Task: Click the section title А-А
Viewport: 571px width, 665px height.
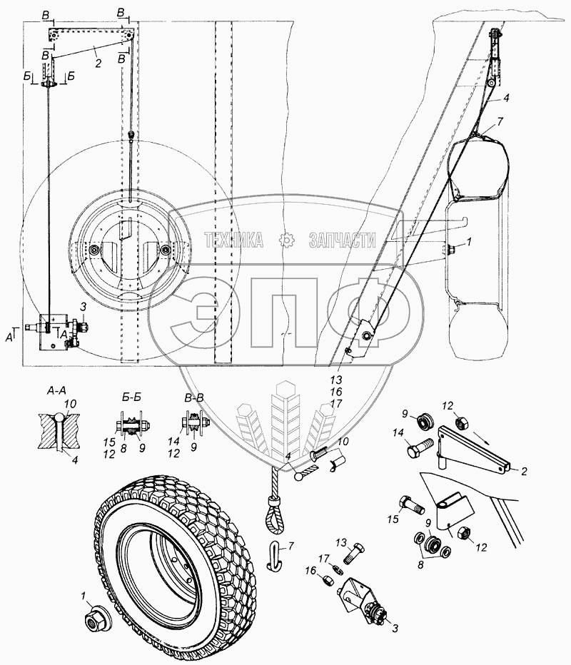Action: [x=55, y=392]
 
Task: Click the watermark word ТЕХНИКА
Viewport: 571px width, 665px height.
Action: [x=234, y=240]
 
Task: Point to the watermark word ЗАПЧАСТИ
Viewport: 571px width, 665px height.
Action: [x=342, y=240]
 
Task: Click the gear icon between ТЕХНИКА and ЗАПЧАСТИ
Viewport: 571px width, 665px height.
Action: [x=287, y=240]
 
